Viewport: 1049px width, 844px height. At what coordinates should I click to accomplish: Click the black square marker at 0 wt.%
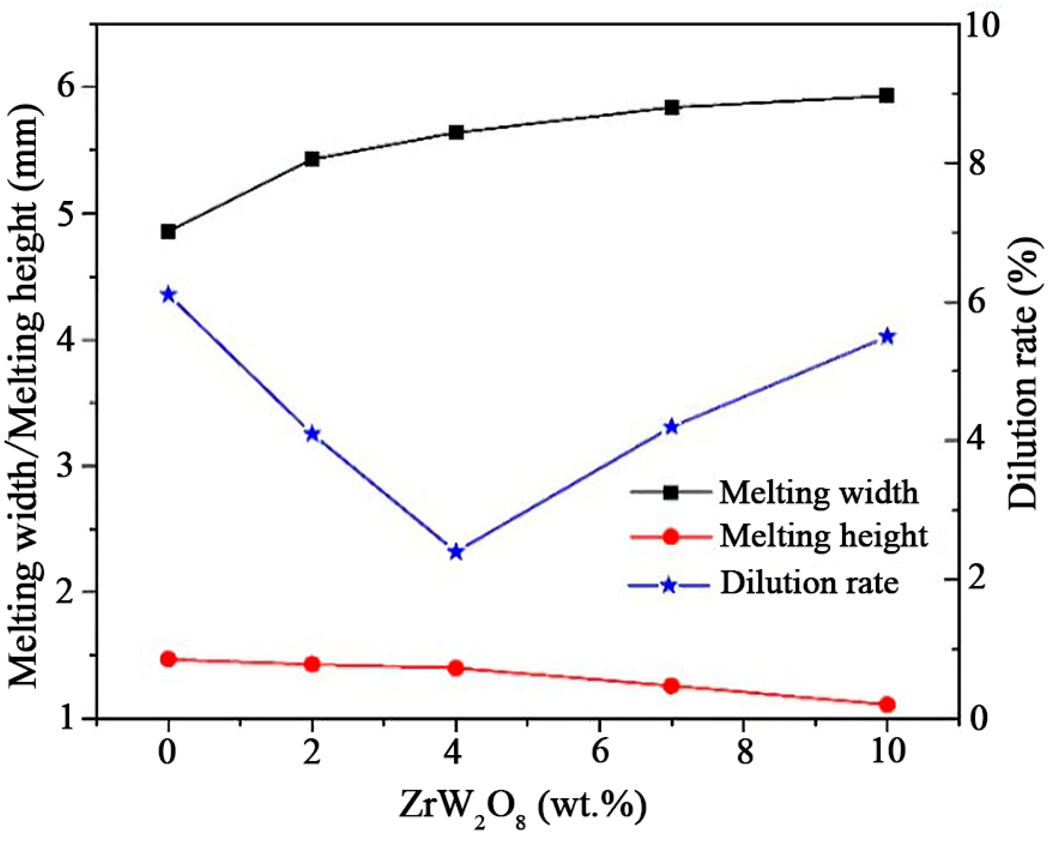[x=168, y=232]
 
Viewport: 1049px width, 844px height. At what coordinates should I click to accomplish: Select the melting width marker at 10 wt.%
[x=887, y=95]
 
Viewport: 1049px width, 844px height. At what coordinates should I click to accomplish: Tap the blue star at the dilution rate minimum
[x=456, y=553]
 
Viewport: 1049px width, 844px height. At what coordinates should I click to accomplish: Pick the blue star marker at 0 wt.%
[x=168, y=295]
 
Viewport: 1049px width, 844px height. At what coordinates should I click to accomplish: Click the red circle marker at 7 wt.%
[x=671, y=686]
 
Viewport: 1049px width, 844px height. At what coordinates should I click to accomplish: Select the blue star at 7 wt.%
[x=671, y=427]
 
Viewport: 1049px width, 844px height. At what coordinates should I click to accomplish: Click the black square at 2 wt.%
[x=312, y=159]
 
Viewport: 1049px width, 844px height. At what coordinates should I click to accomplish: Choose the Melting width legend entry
[x=818, y=493]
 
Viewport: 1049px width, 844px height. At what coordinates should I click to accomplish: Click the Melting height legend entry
[x=823, y=537]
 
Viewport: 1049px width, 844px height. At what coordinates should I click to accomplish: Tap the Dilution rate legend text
[x=809, y=583]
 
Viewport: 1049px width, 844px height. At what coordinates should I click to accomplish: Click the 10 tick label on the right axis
[x=982, y=26]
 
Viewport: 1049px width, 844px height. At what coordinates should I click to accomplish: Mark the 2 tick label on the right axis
[x=977, y=579]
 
